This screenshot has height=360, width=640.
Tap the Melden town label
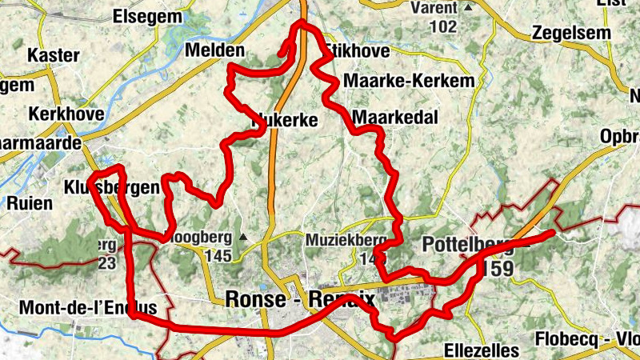point(214,50)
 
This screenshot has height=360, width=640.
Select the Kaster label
point(54,56)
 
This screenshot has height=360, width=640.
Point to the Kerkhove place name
point(66,114)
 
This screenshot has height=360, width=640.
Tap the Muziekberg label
point(346,240)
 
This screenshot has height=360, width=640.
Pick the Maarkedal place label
point(395,118)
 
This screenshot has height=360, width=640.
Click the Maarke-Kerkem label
point(408,81)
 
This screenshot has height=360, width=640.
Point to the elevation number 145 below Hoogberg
point(217,256)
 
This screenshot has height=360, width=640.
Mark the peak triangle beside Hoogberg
point(242,238)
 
